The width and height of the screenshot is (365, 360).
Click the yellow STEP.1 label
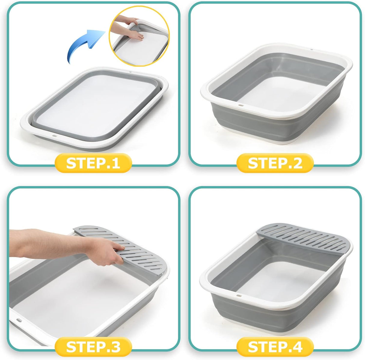(x=93, y=163)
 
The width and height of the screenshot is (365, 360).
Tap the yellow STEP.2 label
(x=275, y=163)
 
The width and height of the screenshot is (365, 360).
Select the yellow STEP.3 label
(x=93, y=347)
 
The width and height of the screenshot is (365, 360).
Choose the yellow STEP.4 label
(x=275, y=347)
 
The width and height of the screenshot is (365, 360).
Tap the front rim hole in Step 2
(x=241, y=105)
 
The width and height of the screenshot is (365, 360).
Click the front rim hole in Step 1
(x=54, y=136)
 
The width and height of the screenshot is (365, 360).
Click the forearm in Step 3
(x=45, y=243)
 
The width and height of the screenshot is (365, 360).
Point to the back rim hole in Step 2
(x=311, y=49)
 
